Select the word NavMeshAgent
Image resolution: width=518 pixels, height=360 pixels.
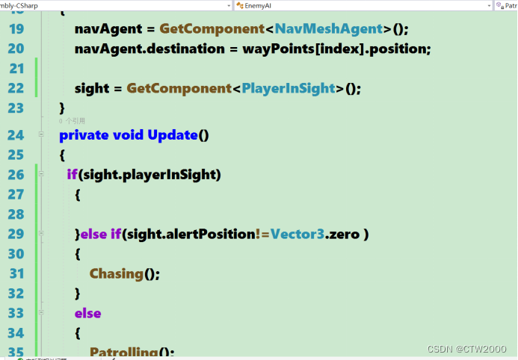pyautogui.click(x=329, y=30)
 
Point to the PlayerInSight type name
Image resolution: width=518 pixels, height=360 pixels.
pyautogui.click(x=289, y=88)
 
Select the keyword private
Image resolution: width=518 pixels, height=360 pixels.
pyautogui.click(x=84, y=135)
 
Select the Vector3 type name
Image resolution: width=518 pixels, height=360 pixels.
pyautogui.click(x=297, y=235)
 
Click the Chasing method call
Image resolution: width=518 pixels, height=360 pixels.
pyautogui.click(x=116, y=273)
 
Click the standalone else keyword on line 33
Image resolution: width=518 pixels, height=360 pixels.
pyautogui.click(x=87, y=313)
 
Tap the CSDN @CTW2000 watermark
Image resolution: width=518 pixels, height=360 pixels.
pyautogui.click(x=468, y=349)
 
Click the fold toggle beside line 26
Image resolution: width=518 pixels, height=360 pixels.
pyautogui.click(x=40, y=174)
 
